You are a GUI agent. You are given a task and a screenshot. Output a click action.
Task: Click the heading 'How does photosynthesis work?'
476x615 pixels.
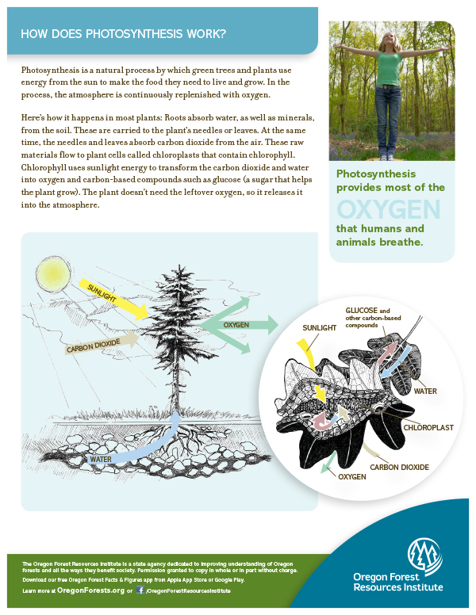tap(123, 34)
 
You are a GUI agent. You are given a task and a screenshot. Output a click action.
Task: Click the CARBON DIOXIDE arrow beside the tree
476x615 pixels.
tap(100, 345)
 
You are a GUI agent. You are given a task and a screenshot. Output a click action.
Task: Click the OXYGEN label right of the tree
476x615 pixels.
tap(236, 325)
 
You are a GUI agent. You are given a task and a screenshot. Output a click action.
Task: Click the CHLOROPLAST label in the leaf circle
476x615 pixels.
tap(428, 427)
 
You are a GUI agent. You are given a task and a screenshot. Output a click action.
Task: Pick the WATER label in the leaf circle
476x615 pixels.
tap(425, 391)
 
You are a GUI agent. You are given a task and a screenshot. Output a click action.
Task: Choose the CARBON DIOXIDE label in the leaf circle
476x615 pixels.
tap(399, 468)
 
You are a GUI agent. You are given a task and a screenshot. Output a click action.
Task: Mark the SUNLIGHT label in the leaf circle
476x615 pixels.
tap(321, 327)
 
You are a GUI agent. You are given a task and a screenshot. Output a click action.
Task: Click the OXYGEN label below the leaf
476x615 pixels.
tap(351, 477)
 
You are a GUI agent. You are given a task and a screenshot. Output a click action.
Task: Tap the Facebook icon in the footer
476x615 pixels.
tap(140, 590)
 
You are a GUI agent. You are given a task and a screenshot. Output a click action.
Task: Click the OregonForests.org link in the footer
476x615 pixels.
tap(90, 590)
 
